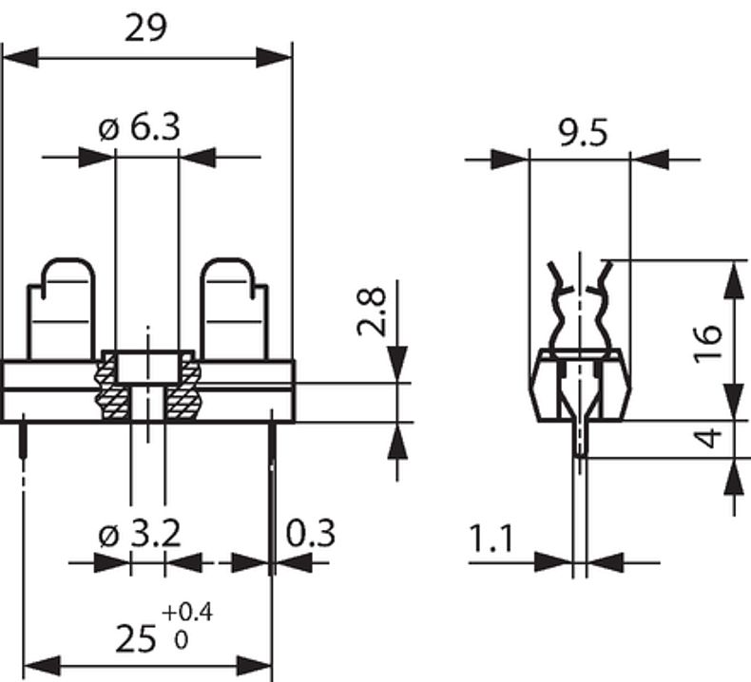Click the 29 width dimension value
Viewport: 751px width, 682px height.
[x=146, y=28]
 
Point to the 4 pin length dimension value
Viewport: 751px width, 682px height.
[x=708, y=439]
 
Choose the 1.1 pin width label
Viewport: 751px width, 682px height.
[x=491, y=540]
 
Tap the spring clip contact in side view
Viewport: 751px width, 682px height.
[x=579, y=304]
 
